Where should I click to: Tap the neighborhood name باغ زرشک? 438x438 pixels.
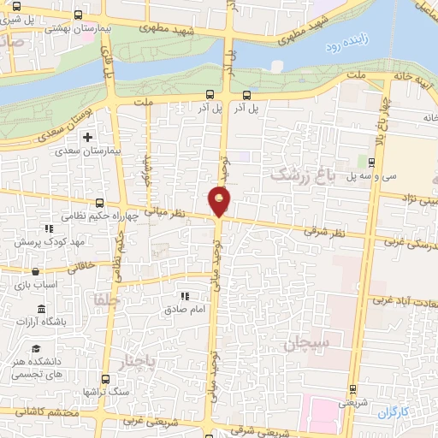pos(299,175)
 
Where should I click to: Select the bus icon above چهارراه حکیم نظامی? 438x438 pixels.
pos(101,203)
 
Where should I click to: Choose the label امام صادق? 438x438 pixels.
pos(183,309)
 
